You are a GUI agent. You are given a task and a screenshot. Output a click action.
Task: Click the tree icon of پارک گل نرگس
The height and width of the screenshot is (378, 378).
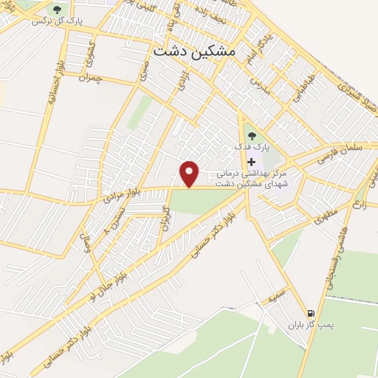pyautogui.click(x=58, y=10)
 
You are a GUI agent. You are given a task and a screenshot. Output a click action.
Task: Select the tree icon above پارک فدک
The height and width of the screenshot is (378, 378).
pyautogui.click(x=251, y=136)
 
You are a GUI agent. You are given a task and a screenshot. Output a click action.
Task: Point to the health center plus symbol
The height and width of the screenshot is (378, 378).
pyautogui.click(x=252, y=162)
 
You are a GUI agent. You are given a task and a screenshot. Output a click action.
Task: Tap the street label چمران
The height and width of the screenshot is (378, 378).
pyautogui.click(x=109, y=78)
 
